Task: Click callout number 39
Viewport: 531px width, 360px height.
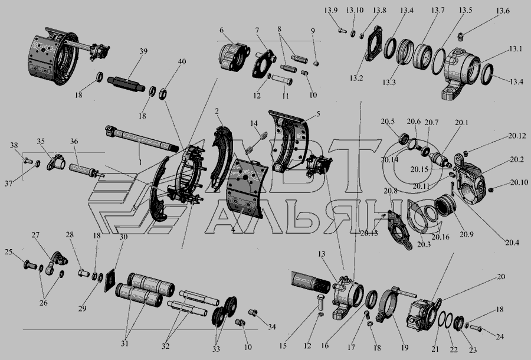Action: point(143,51)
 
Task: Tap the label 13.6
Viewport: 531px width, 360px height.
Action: point(503,11)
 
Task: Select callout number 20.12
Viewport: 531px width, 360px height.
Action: point(517,136)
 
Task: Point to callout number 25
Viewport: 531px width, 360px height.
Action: point(8,251)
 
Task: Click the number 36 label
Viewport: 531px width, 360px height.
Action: point(74,141)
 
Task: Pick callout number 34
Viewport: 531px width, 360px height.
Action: point(271,327)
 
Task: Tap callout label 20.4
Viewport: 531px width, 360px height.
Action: point(512,243)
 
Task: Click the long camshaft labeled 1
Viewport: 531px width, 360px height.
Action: point(142,139)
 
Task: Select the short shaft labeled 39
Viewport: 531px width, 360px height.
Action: point(126,84)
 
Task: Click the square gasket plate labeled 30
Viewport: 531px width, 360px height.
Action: point(109,281)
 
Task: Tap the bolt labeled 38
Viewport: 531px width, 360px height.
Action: point(28,160)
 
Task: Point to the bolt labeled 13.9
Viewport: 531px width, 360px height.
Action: point(342,31)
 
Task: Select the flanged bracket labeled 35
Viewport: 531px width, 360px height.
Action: point(56,162)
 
